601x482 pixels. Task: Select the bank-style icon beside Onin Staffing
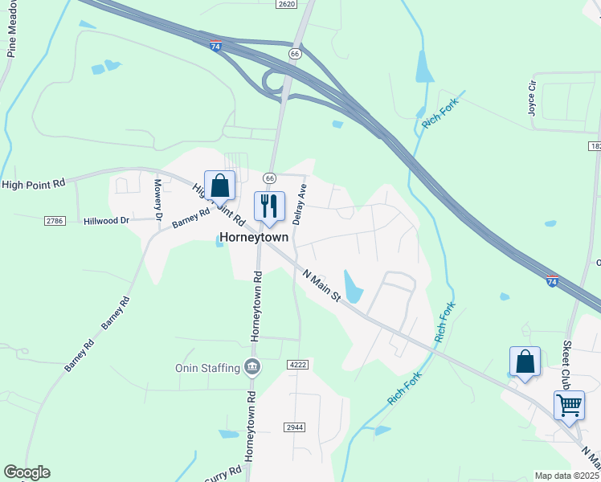pyautogui.click(x=252, y=368)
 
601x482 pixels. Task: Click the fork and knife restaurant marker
pyautogui.click(x=269, y=206)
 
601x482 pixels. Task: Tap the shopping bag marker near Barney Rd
pyautogui.click(x=219, y=186)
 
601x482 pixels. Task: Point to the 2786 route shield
pyautogui.click(x=55, y=220)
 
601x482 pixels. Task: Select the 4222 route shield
pyautogui.click(x=297, y=365)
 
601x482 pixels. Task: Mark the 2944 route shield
pyautogui.click(x=294, y=427)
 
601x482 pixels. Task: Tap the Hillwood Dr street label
pyautogui.click(x=106, y=220)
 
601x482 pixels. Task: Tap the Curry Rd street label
pyautogui.click(x=225, y=473)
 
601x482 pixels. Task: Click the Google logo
pyautogui.click(x=27, y=472)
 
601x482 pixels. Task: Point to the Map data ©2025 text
pyautogui.click(x=567, y=476)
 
